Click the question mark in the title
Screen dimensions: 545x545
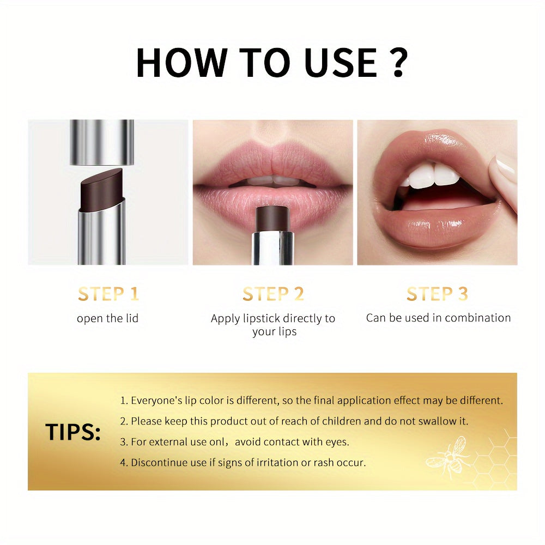(x=399, y=62)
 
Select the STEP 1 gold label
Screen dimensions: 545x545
(x=108, y=294)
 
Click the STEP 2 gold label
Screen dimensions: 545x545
(x=273, y=294)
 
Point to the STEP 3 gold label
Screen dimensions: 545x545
(x=437, y=294)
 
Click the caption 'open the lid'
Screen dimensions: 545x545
(x=108, y=318)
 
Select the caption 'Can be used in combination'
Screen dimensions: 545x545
(x=438, y=318)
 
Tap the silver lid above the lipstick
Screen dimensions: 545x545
(x=102, y=142)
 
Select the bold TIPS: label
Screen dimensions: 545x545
(x=73, y=432)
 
